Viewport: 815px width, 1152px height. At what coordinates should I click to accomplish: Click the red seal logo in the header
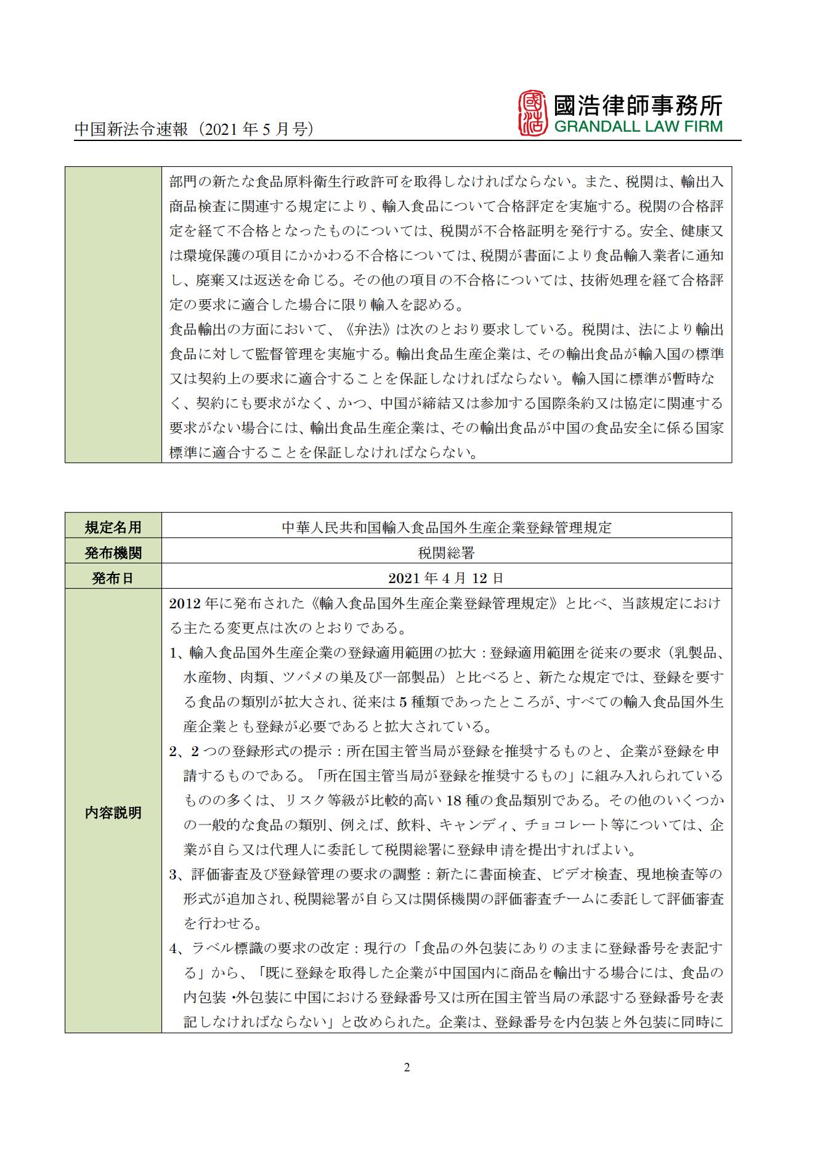coord(532,113)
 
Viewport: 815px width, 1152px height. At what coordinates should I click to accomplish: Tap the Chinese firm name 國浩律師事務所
coord(638,105)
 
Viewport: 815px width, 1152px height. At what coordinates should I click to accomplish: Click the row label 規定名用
coord(113,528)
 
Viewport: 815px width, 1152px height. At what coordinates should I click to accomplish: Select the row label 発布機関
coord(113,553)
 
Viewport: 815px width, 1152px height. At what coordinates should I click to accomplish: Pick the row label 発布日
coord(113,578)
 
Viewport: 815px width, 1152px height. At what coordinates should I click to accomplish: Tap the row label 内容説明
coord(113,813)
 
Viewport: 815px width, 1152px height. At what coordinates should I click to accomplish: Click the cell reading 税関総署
coord(446,553)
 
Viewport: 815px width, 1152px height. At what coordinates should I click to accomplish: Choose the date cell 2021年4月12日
coord(446,578)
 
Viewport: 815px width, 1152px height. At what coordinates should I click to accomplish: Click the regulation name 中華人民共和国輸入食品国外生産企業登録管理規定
coord(446,528)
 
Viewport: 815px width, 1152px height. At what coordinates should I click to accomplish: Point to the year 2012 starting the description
coord(182,603)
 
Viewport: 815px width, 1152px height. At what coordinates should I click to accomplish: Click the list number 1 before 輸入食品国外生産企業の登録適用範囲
coord(173,653)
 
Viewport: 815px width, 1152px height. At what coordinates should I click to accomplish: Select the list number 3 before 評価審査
coord(173,874)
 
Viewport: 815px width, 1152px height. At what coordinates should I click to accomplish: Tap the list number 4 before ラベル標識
coord(173,948)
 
